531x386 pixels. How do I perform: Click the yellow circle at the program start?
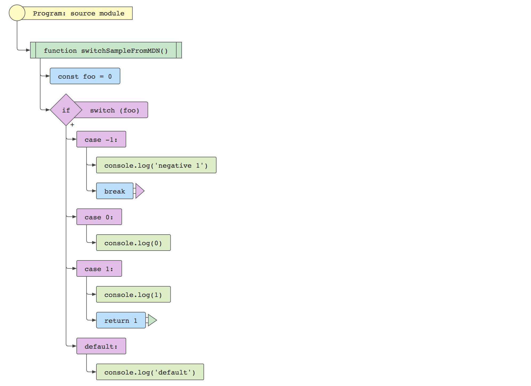[x=17, y=13]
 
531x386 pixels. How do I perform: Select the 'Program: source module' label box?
[x=79, y=13]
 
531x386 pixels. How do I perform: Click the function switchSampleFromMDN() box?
[x=106, y=50]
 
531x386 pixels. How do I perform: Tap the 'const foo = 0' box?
[x=85, y=76]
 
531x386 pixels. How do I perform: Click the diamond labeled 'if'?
[x=66, y=110]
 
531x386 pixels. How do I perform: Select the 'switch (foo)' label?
[x=115, y=110]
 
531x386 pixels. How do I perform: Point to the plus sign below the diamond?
[x=72, y=125]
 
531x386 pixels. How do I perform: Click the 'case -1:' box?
[x=101, y=139]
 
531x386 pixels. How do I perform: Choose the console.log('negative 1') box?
[x=156, y=165]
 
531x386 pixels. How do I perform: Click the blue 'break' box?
[x=115, y=191]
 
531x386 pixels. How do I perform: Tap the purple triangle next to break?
[x=139, y=191]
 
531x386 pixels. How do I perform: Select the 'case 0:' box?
[x=99, y=217]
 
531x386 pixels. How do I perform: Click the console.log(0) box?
[x=133, y=243]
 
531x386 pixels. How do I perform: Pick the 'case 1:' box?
[x=99, y=269]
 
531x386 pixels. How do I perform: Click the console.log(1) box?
[x=133, y=295]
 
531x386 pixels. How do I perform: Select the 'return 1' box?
[x=121, y=320]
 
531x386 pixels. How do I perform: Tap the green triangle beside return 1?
[x=152, y=320]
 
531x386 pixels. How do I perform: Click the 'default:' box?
[x=101, y=346]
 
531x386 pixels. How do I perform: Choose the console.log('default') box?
[x=150, y=372]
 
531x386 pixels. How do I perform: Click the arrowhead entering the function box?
[x=28, y=50]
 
